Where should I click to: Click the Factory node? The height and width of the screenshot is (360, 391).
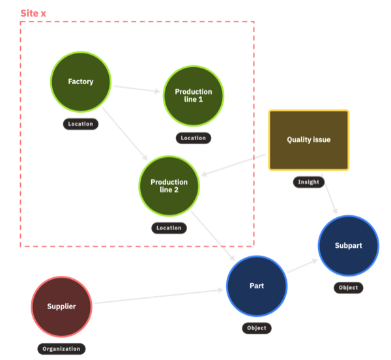pos(81,82)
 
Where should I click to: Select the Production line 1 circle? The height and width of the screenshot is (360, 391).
pos(193,96)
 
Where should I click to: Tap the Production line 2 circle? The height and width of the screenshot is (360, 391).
pos(169,186)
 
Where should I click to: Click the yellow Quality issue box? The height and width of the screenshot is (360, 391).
pos(309,140)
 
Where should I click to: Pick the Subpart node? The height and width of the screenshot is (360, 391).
pos(348,246)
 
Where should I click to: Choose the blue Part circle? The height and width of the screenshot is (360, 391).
pos(257,286)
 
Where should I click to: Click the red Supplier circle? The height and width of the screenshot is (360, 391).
pos(61,307)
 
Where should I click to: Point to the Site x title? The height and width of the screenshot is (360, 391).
pos(33,13)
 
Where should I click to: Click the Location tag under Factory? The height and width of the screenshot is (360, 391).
pos(81,123)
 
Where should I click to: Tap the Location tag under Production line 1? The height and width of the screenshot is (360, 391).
pos(193,138)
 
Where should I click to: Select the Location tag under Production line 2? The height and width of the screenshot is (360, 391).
pos(169,228)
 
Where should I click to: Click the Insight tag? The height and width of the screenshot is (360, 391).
pos(309,182)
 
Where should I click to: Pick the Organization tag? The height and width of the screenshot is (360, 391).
pos(61,348)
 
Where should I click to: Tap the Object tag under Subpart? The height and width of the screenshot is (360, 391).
pos(348,288)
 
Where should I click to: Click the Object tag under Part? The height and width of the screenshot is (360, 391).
pos(257,328)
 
